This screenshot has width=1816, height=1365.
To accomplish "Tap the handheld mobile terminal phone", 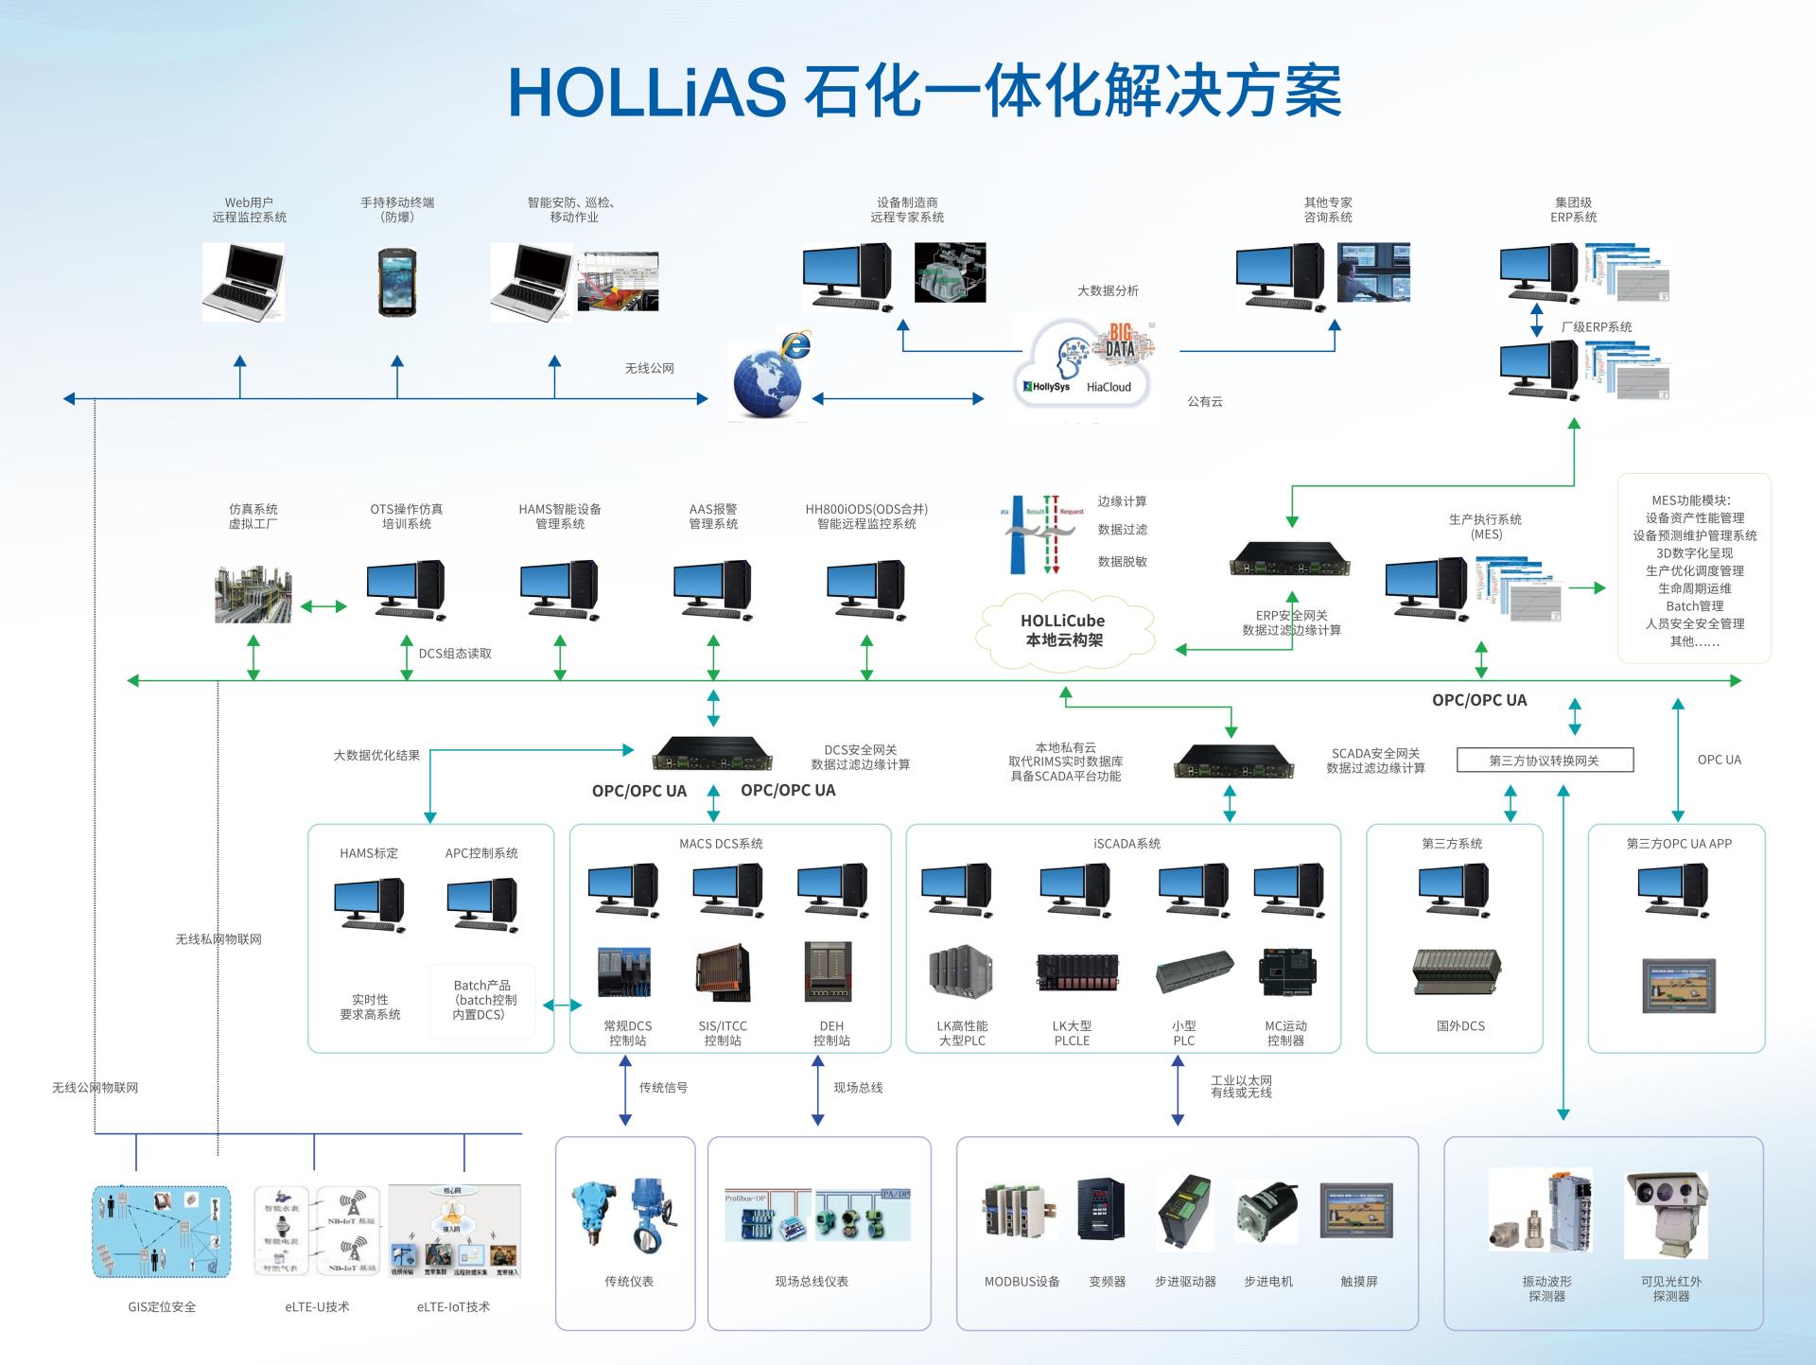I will pos(397,282).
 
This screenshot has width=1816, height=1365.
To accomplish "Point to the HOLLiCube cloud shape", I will pos(1064,630).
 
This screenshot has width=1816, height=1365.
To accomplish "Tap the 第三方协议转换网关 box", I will pos(1545,760).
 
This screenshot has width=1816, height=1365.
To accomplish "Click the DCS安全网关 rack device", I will pos(712,753).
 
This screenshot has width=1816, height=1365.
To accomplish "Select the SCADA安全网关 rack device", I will pos(1233,759).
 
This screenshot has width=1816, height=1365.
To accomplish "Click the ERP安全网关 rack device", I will pos(1289,559).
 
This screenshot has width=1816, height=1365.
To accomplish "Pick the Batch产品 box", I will pos(482,1001).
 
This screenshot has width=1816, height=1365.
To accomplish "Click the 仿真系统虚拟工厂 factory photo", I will pos(253,593).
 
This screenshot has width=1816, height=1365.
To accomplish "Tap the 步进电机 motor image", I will pos(1266,1213).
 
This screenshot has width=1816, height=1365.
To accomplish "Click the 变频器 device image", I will pos(1102,1210).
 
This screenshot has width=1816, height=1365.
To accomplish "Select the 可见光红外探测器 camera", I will pos(1668,1215).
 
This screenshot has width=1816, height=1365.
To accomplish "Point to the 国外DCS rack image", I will pos(1458,971).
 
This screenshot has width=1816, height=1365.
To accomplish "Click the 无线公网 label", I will pos(649,368).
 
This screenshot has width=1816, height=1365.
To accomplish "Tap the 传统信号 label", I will pos(663,1088).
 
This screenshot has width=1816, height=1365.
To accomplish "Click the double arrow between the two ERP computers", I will pos(1537,320).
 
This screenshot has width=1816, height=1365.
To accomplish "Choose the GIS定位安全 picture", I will pos(162,1231).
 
